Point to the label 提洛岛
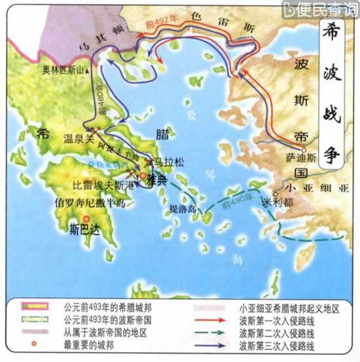point(183,209)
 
